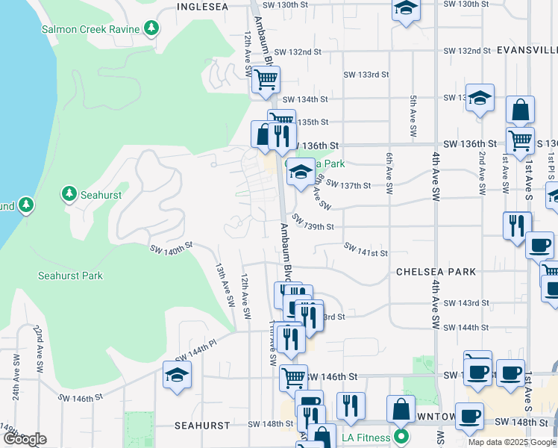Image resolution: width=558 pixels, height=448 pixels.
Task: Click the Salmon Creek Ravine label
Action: pyautogui.click(x=91, y=29)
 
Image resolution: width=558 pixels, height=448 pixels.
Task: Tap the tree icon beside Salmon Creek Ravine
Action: pyautogui.click(x=151, y=29)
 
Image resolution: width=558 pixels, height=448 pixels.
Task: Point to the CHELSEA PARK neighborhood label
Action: pyautogui.click(x=436, y=272)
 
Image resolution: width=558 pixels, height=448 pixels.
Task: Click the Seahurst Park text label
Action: pyautogui.click(x=70, y=276)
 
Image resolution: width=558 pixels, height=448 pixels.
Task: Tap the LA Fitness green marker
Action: pyautogui.click(x=401, y=436)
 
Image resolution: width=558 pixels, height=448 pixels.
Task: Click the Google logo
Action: pyautogui.click(x=25, y=439)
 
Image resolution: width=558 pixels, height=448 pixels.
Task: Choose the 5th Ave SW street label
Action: pyautogui.click(x=412, y=116)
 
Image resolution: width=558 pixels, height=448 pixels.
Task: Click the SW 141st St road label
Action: pyautogui.click(x=366, y=250)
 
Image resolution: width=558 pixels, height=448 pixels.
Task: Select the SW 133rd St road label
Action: pyautogui.click(x=366, y=75)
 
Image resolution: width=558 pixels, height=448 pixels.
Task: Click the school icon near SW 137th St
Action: pyautogui.click(x=300, y=172)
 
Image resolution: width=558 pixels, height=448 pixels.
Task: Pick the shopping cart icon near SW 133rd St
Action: pyautogui.click(x=266, y=78)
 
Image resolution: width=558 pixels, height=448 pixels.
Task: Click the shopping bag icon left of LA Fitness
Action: pyautogui.click(x=401, y=408)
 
